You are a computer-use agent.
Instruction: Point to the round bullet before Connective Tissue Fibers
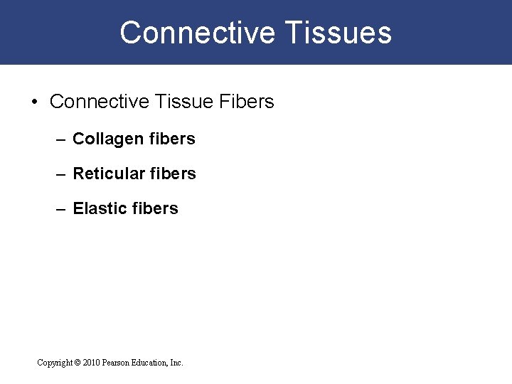(x=35, y=102)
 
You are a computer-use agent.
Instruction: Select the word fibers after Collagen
(x=174, y=139)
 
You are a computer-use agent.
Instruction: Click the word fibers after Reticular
(x=175, y=174)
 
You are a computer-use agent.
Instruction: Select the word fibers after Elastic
(x=156, y=208)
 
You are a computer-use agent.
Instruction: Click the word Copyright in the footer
(x=54, y=363)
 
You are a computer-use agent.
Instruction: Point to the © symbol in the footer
(x=77, y=363)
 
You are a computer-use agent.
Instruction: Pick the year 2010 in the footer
(x=92, y=363)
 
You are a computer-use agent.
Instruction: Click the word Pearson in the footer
(x=118, y=363)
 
